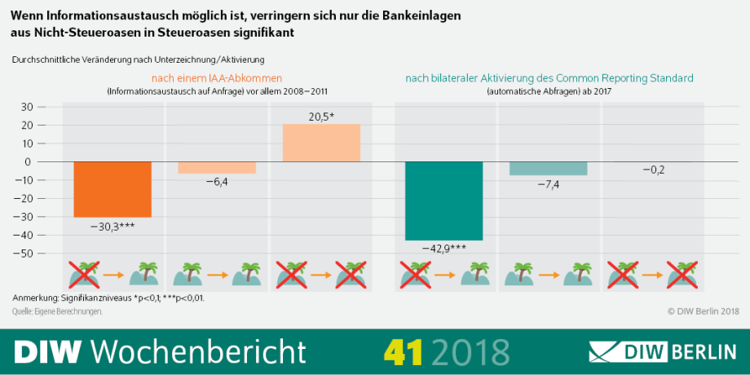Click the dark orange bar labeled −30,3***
point(112,188)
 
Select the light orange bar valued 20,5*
point(321,143)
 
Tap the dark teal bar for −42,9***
point(444,201)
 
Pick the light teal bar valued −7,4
point(548,168)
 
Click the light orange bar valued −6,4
point(217,167)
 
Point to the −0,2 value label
point(652,170)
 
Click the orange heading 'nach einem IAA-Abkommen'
point(217,78)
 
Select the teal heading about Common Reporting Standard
point(549,78)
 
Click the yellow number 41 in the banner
point(404,351)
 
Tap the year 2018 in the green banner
point(470,351)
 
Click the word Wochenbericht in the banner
point(198,351)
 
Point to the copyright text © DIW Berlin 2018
point(702,311)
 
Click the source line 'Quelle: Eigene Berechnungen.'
point(57,311)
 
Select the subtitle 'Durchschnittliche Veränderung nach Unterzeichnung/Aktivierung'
point(138,60)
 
